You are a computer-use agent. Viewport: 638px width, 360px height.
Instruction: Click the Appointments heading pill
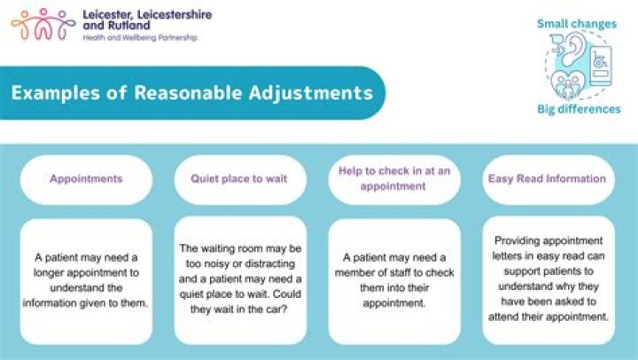point(86,179)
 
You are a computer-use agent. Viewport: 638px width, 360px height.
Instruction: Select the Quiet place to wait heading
point(239,179)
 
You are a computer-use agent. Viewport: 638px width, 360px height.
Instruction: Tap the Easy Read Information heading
point(547,179)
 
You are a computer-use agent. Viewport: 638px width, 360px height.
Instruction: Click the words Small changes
point(578,24)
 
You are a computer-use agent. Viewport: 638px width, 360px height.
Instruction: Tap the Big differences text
point(579,109)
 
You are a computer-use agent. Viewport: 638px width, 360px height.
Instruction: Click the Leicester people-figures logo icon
point(42,24)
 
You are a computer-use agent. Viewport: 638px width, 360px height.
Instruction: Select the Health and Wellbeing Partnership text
point(139,38)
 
